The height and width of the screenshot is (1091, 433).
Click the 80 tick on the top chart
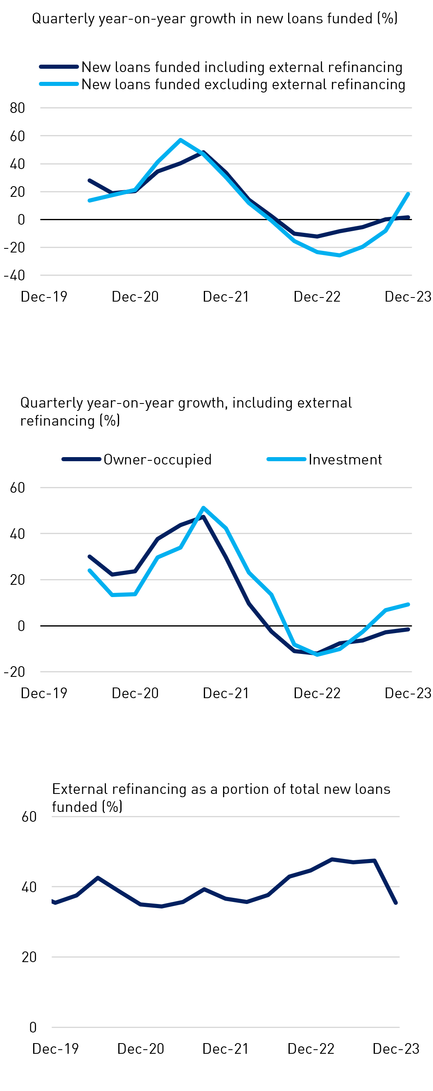coord(17,108)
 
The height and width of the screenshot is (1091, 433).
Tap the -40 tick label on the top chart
coord(15,275)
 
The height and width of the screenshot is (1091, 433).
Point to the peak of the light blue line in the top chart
coord(180,140)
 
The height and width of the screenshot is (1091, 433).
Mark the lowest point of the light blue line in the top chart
coord(339,255)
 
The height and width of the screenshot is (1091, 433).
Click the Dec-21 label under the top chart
coord(226,296)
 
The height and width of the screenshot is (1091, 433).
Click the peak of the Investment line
coord(203,507)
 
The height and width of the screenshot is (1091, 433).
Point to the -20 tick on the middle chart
coord(15,672)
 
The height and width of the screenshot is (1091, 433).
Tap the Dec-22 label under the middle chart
coord(317,693)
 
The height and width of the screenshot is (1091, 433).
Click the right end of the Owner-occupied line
coord(408,629)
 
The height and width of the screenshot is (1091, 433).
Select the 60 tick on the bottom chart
coord(29,816)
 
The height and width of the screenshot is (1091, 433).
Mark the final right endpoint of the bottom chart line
coord(396,903)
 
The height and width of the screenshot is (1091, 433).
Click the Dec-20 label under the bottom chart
coord(141,1049)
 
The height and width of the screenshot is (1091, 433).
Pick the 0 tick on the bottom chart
coord(33,1027)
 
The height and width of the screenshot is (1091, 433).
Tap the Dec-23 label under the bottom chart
coord(396,1049)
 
